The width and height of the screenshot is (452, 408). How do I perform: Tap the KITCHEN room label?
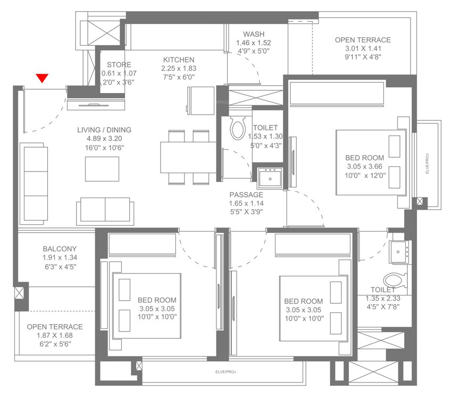pyautogui.click(x=179, y=59)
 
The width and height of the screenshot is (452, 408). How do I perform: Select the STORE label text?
pyautogui.click(x=115, y=65)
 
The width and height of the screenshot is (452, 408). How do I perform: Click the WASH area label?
pyautogui.click(x=254, y=35)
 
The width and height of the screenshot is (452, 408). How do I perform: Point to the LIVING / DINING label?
pyautogui.click(x=104, y=130)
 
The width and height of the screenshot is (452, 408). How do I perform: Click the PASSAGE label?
pyautogui.click(x=246, y=195)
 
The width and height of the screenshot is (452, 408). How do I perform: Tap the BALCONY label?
pyautogui.click(x=60, y=249)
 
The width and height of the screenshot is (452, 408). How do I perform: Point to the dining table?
pyautogui.click(x=188, y=157)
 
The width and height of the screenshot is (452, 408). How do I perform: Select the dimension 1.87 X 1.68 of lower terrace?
pyautogui.click(x=54, y=335)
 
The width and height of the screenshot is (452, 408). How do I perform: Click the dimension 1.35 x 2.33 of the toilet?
pyautogui.click(x=383, y=299)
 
